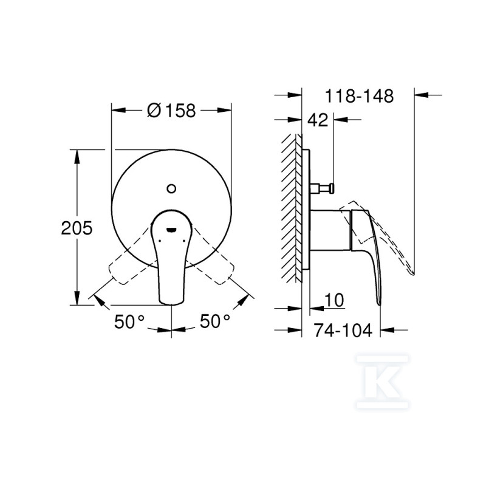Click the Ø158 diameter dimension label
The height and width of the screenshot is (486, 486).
[171, 110]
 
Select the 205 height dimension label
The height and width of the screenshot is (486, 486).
[77, 228]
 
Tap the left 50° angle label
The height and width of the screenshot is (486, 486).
[129, 321]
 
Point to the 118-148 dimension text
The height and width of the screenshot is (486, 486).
[359, 96]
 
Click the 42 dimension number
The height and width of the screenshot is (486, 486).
[318, 120]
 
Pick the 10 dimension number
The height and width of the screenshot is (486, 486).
[334, 299]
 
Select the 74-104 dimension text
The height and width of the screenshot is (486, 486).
[343, 330]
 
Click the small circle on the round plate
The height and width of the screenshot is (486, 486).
[171, 188]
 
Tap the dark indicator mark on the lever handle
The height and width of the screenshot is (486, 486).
[171, 230]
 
